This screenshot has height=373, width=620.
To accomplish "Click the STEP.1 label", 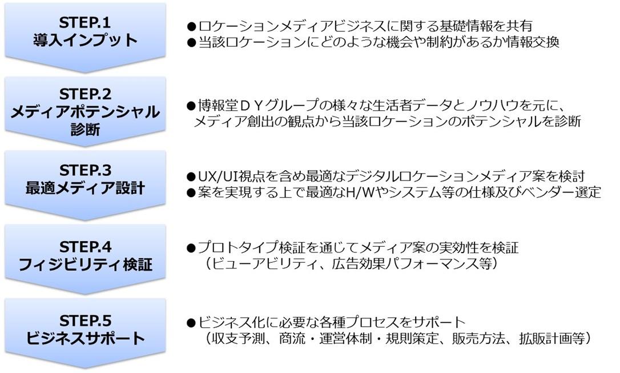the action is [85, 22].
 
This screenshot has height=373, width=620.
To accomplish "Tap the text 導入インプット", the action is [85, 41].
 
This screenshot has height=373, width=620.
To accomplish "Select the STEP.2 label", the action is [86, 94].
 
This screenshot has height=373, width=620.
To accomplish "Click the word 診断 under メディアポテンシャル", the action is [85, 129].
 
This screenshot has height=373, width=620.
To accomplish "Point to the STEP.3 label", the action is [86, 170].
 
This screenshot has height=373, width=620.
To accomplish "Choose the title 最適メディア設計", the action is [85, 188].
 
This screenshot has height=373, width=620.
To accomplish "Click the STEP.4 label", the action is [86, 247].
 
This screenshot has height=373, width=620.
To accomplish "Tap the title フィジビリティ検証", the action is [86, 264].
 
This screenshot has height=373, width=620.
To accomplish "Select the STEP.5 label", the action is [86, 320].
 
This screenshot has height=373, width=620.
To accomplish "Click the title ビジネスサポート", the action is [86, 338].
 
